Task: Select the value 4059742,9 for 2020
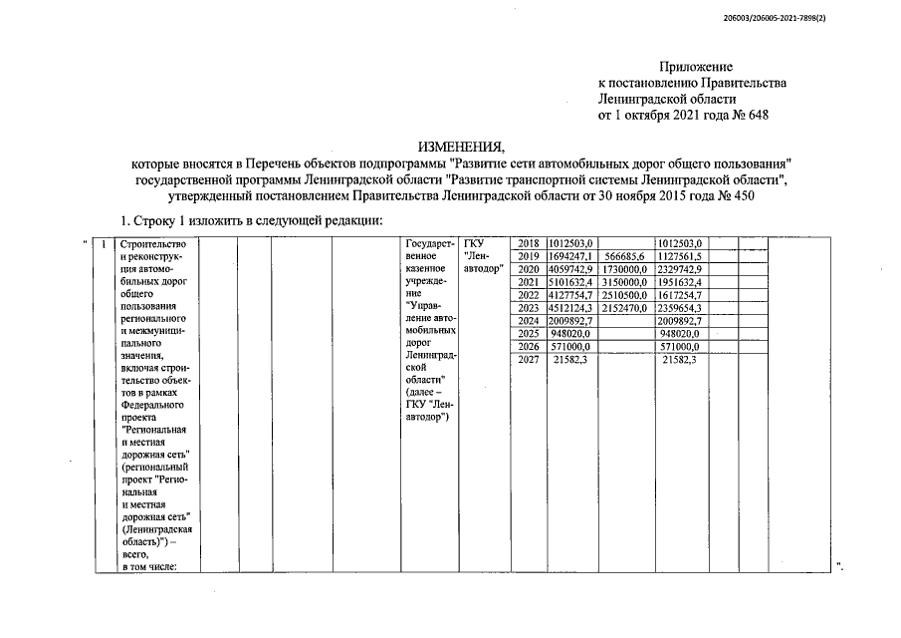point(571,269)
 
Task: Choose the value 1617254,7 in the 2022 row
point(681,295)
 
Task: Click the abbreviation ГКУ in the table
point(473,243)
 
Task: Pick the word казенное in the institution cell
point(425,269)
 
